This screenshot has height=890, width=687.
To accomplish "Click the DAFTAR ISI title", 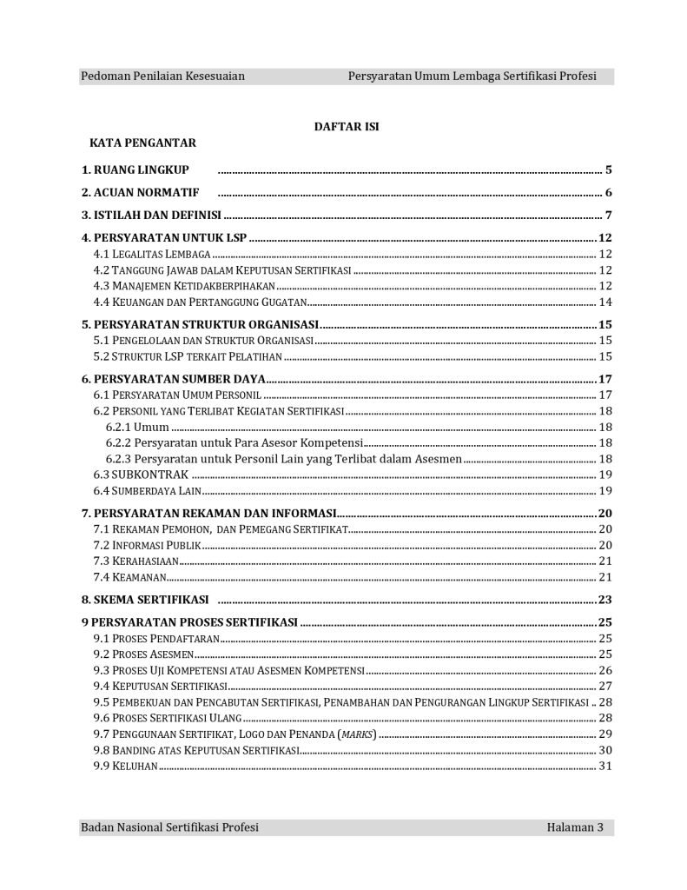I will pyautogui.click(x=346, y=127).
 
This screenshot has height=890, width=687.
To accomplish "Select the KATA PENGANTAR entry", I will pyautogui.click(x=142, y=143).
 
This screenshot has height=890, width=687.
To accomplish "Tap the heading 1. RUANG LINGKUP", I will pyautogui.click(x=135, y=169).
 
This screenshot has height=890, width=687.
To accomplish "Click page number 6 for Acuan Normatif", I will pyautogui.click(x=610, y=193).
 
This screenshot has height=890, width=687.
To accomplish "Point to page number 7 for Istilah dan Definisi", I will pyautogui.click(x=610, y=216).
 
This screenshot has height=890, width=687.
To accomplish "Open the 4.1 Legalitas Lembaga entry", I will pyautogui.click(x=152, y=255).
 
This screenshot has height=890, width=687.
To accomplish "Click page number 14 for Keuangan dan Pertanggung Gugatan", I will pyautogui.click(x=606, y=302).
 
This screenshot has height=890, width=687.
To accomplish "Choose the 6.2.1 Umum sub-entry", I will pyautogui.click(x=137, y=427).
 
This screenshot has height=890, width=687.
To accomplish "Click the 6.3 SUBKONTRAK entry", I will pyautogui.click(x=141, y=475).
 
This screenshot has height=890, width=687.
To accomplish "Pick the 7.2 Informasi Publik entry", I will pyautogui.click(x=147, y=545).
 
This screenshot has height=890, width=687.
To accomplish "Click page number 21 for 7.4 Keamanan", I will pyautogui.click(x=606, y=577).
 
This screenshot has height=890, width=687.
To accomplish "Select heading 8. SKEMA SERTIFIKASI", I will pyautogui.click(x=145, y=600).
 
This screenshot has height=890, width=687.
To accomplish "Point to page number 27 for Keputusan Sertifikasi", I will pyautogui.click(x=606, y=686).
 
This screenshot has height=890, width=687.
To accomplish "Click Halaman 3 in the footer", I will pyautogui.click(x=575, y=827).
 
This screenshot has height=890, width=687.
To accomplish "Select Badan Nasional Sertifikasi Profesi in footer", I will pyautogui.click(x=169, y=827).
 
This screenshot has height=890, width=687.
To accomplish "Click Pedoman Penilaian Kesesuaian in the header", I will pyautogui.click(x=162, y=76).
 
